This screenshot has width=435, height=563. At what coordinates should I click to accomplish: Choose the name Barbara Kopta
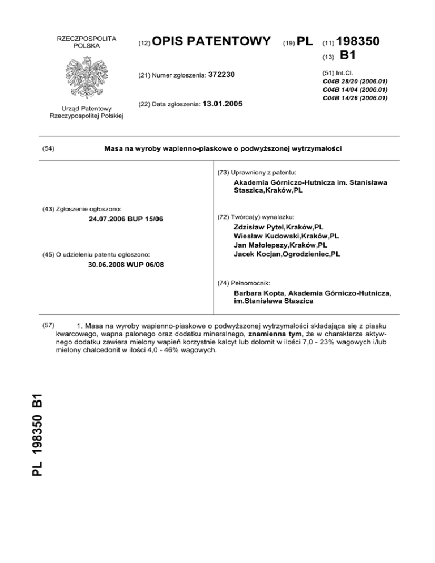coord(258,293)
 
